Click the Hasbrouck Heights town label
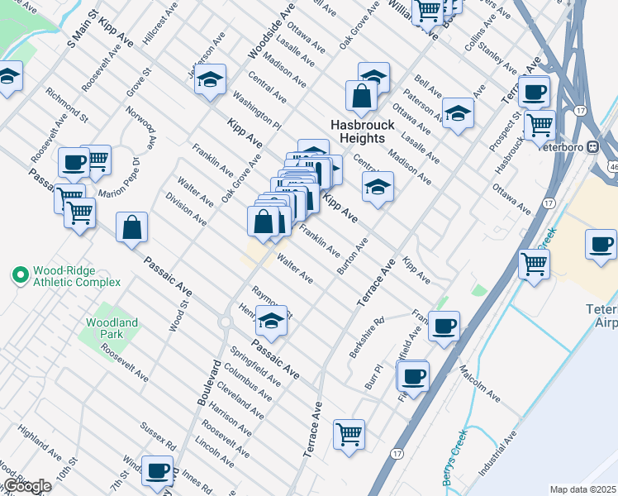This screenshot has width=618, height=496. pos(364,131)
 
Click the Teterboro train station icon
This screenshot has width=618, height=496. pos(592,146)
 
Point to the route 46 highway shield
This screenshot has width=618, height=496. pos(613,167)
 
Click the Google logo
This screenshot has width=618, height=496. pos(26,487)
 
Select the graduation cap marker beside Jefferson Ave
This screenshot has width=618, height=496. pos(212,80)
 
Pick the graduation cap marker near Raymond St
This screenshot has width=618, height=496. pos(270,320)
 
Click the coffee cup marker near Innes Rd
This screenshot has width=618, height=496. pos(157,470)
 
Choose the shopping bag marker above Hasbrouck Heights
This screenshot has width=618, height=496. pos(362,95)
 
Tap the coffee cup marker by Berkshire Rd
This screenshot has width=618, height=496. pos(444,327)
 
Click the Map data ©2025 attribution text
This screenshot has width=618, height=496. pos(582,489)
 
